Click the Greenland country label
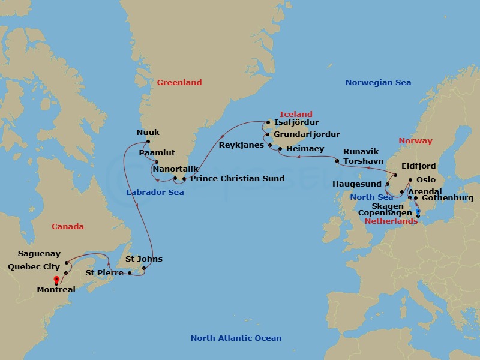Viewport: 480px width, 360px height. (179, 83)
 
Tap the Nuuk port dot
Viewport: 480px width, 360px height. (148, 142)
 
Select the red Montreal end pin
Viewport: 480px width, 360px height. (56, 280)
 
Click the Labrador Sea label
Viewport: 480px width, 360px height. (155, 193)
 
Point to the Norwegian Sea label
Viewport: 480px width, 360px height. (378, 83)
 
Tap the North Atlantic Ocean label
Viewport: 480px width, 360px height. (236, 338)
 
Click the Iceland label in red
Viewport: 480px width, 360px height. (296, 114)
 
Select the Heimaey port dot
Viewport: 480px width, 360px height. (280, 148)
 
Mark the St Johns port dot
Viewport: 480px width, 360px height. (144, 268)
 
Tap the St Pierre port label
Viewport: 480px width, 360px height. (104, 273)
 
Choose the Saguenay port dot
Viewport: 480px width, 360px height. (66, 263)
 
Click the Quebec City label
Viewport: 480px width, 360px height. (34, 267)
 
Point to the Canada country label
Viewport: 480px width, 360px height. (67, 227)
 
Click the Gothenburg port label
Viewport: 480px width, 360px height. (448, 198)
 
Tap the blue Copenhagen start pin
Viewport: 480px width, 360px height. (418, 211)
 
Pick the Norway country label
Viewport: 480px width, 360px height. (415, 141)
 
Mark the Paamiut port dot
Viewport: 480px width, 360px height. (156, 162)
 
